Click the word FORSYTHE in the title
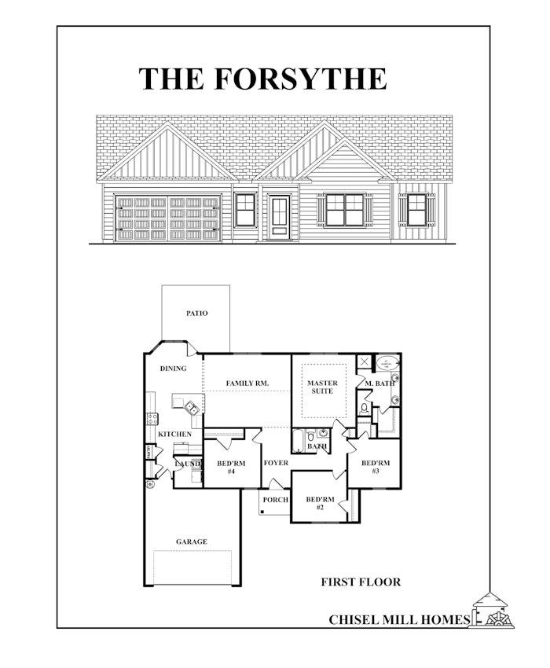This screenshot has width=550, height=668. pyautogui.click(x=299, y=79)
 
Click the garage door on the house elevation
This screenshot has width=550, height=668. pyautogui.click(x=167, y=218)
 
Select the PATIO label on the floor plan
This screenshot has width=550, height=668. pyautogui.click(x=197, y=314)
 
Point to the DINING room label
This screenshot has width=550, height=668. pyautogui.click(x=173, y=369)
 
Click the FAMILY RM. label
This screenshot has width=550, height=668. pyautogui.click(x=247, y=383)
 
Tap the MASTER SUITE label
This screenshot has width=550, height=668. pyautogui.click(x=322, y=387)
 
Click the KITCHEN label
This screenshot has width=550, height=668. pyautogui.click(x=174, y=434)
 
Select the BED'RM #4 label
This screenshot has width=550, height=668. pyautogui.click(x=232, y=467)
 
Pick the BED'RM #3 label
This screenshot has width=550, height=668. pyautogui.click(x=376, y=467)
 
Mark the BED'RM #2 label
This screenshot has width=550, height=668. pyautogui.click(x=320, y=504)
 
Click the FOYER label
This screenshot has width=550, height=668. pyautogui.click(x=276, y=463)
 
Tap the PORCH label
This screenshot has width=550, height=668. pyautogui.click(x=275, y=500)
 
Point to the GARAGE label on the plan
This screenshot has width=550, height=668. pyautogui.click(x=191, y=541)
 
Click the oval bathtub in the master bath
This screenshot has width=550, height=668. pyautogui.click(x=386, y=363)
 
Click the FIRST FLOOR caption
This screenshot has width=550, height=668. pyautogui.click(x=361, y=582)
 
